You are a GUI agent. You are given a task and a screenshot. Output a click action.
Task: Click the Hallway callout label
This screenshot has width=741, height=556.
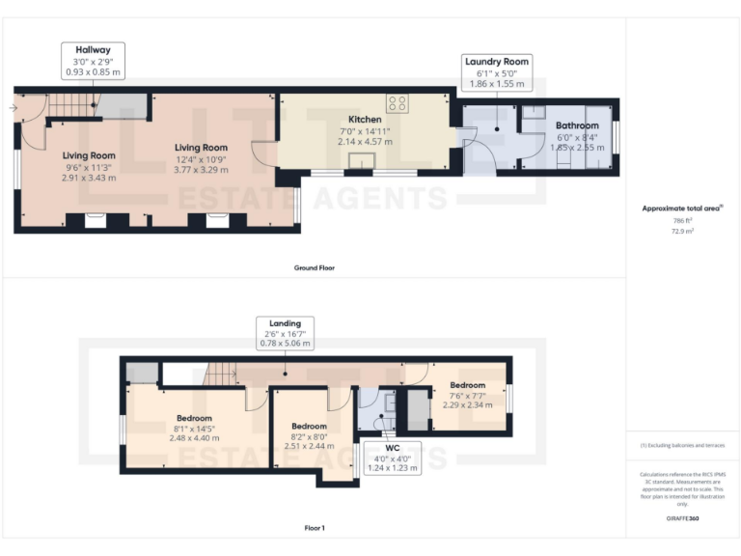(94, 61)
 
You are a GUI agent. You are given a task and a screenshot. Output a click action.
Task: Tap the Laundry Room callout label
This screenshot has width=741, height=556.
(497, 73)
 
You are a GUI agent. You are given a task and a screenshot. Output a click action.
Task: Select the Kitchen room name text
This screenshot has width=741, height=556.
(365, 120)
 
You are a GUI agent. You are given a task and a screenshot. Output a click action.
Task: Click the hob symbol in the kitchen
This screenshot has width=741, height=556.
(397, 102)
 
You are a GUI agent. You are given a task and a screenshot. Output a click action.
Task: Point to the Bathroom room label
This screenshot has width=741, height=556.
(577, 125)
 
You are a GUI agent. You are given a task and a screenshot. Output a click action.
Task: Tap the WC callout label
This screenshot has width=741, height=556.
(392, 457)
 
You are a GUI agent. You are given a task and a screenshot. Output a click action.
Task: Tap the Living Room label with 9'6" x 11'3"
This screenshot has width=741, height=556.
(89, 155)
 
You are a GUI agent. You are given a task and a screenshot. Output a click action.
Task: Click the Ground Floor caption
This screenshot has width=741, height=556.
(314, 267)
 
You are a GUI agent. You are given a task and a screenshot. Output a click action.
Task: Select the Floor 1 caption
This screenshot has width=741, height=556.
(314, 528)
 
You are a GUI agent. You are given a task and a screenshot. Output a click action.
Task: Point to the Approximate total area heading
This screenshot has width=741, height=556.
(683, 208)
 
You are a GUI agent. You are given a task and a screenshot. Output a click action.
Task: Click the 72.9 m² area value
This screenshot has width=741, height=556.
(683, 233)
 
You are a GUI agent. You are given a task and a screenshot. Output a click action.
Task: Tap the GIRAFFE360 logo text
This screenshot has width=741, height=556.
(683, 519)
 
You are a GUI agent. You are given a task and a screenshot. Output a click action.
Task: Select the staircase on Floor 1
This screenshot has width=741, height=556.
(221, 372)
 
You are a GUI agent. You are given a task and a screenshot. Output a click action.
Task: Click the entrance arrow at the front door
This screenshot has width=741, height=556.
(12, 107)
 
